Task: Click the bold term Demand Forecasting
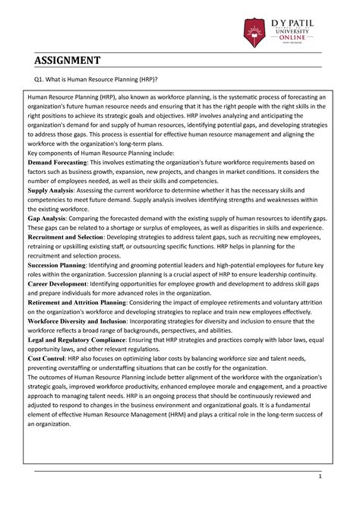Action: coord(58,162)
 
